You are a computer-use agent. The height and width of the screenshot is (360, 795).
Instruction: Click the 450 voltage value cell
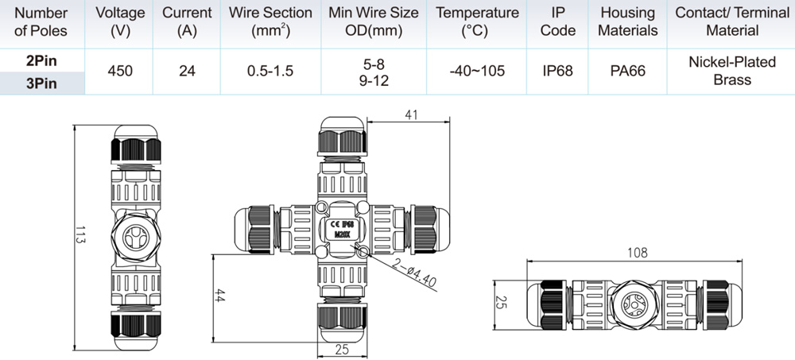pyautogui.click(x=120, y=71)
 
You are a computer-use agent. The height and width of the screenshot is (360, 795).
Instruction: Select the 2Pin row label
pyautogui.click(x=41, y=61)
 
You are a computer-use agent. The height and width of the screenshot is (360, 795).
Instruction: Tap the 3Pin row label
pyautogui.click(x=41, y=83)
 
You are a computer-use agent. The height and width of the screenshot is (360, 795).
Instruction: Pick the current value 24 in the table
pyautogui.click(x=187, y=71)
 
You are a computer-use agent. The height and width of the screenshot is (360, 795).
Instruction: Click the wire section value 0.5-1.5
pyautogui.click(x=270, y=71)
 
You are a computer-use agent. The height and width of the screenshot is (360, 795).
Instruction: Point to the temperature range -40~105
pyautogui.click(x=476, y=71)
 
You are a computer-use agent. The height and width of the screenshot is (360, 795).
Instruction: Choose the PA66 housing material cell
pyautogui.click(x=628, y=71)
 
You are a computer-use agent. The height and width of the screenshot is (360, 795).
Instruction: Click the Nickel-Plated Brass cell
pyautogui.click(x=732, y=71)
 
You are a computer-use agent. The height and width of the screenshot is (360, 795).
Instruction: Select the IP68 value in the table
pyautogui.click(x=558, y=71)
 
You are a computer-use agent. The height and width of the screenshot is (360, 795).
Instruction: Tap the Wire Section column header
pyautogui.click(x=270, y=21)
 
